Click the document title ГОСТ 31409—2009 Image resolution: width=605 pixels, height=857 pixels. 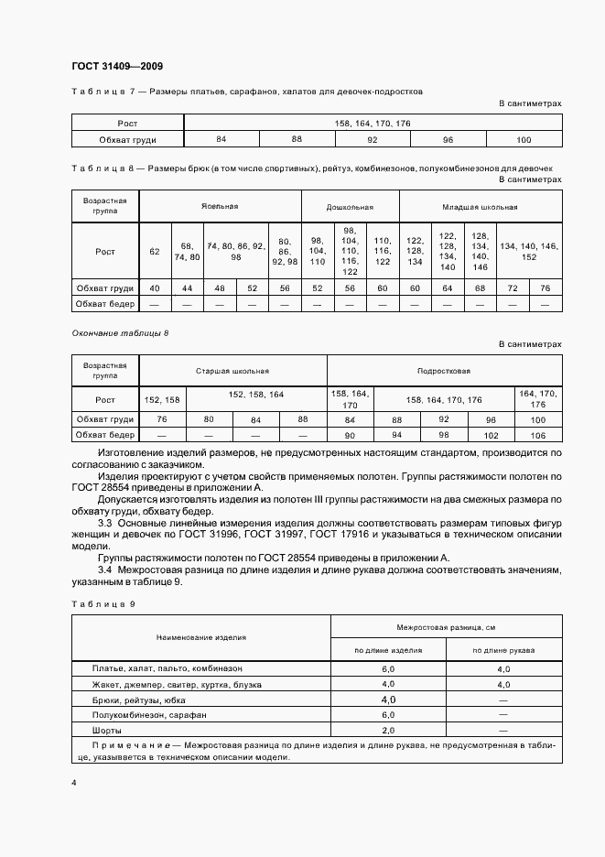coord(116,66)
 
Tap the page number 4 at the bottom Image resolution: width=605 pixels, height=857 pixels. coord(73,784)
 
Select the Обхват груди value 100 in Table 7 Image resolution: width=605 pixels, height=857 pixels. coord(524,139)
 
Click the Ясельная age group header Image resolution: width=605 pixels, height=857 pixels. coord(221,206)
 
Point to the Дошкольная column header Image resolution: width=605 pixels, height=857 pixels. coord(350,206)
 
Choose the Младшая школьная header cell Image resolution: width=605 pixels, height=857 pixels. coord(481,206)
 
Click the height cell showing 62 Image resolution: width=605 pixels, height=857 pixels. coord(154,251)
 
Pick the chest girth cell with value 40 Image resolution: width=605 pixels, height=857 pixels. coord(154,288)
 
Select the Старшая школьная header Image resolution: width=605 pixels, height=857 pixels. coord(232,371)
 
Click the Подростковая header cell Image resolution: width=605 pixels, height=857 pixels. coord(444,371)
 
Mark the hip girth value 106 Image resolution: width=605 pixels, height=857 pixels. coord(537,436)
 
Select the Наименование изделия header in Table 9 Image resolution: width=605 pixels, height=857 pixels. coord(200,637)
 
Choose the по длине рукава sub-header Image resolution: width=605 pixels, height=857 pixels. coord(503,651)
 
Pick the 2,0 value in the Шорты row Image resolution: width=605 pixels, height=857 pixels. coord(387,731)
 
